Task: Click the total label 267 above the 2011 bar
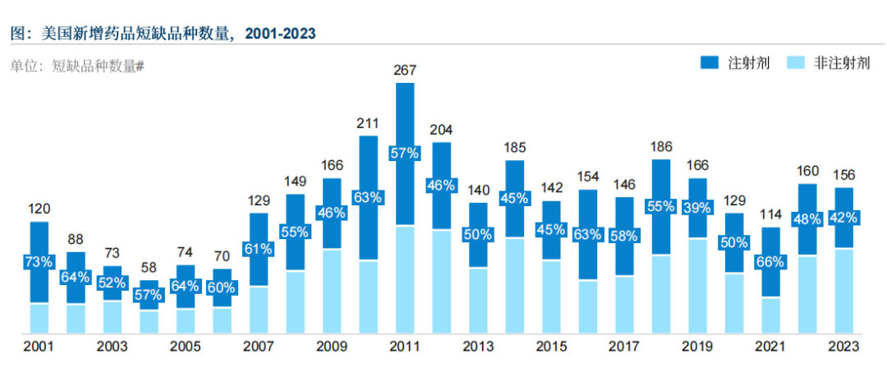tap(405, 70)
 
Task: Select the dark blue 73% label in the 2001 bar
tap(39, 262)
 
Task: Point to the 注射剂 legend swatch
tap(710, 63)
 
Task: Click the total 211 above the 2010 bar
tap(368, 124)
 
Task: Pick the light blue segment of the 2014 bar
tap(514, 285)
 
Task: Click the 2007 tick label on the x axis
tap(259, 346)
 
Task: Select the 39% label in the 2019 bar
tap(698, 208)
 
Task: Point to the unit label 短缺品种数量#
tap(98, 67)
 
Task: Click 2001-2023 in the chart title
tap(278, 34)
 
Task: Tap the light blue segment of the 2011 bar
tap(405, 279)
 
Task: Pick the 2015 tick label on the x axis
tap(551, 346)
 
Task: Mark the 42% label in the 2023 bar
tap(845, 218)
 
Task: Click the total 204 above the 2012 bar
tap(441, 130)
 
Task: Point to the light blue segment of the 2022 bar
tap(808, 294)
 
